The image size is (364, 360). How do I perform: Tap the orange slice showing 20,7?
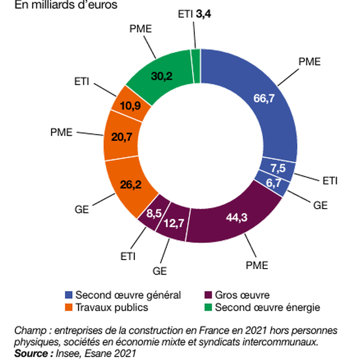(118, 137)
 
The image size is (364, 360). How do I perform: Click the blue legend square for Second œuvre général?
(69, 295)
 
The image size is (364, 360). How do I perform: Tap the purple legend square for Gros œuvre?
(209, 295)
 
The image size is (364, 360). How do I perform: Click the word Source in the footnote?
(31, 353)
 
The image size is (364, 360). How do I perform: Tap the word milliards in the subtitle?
(46, 6)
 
